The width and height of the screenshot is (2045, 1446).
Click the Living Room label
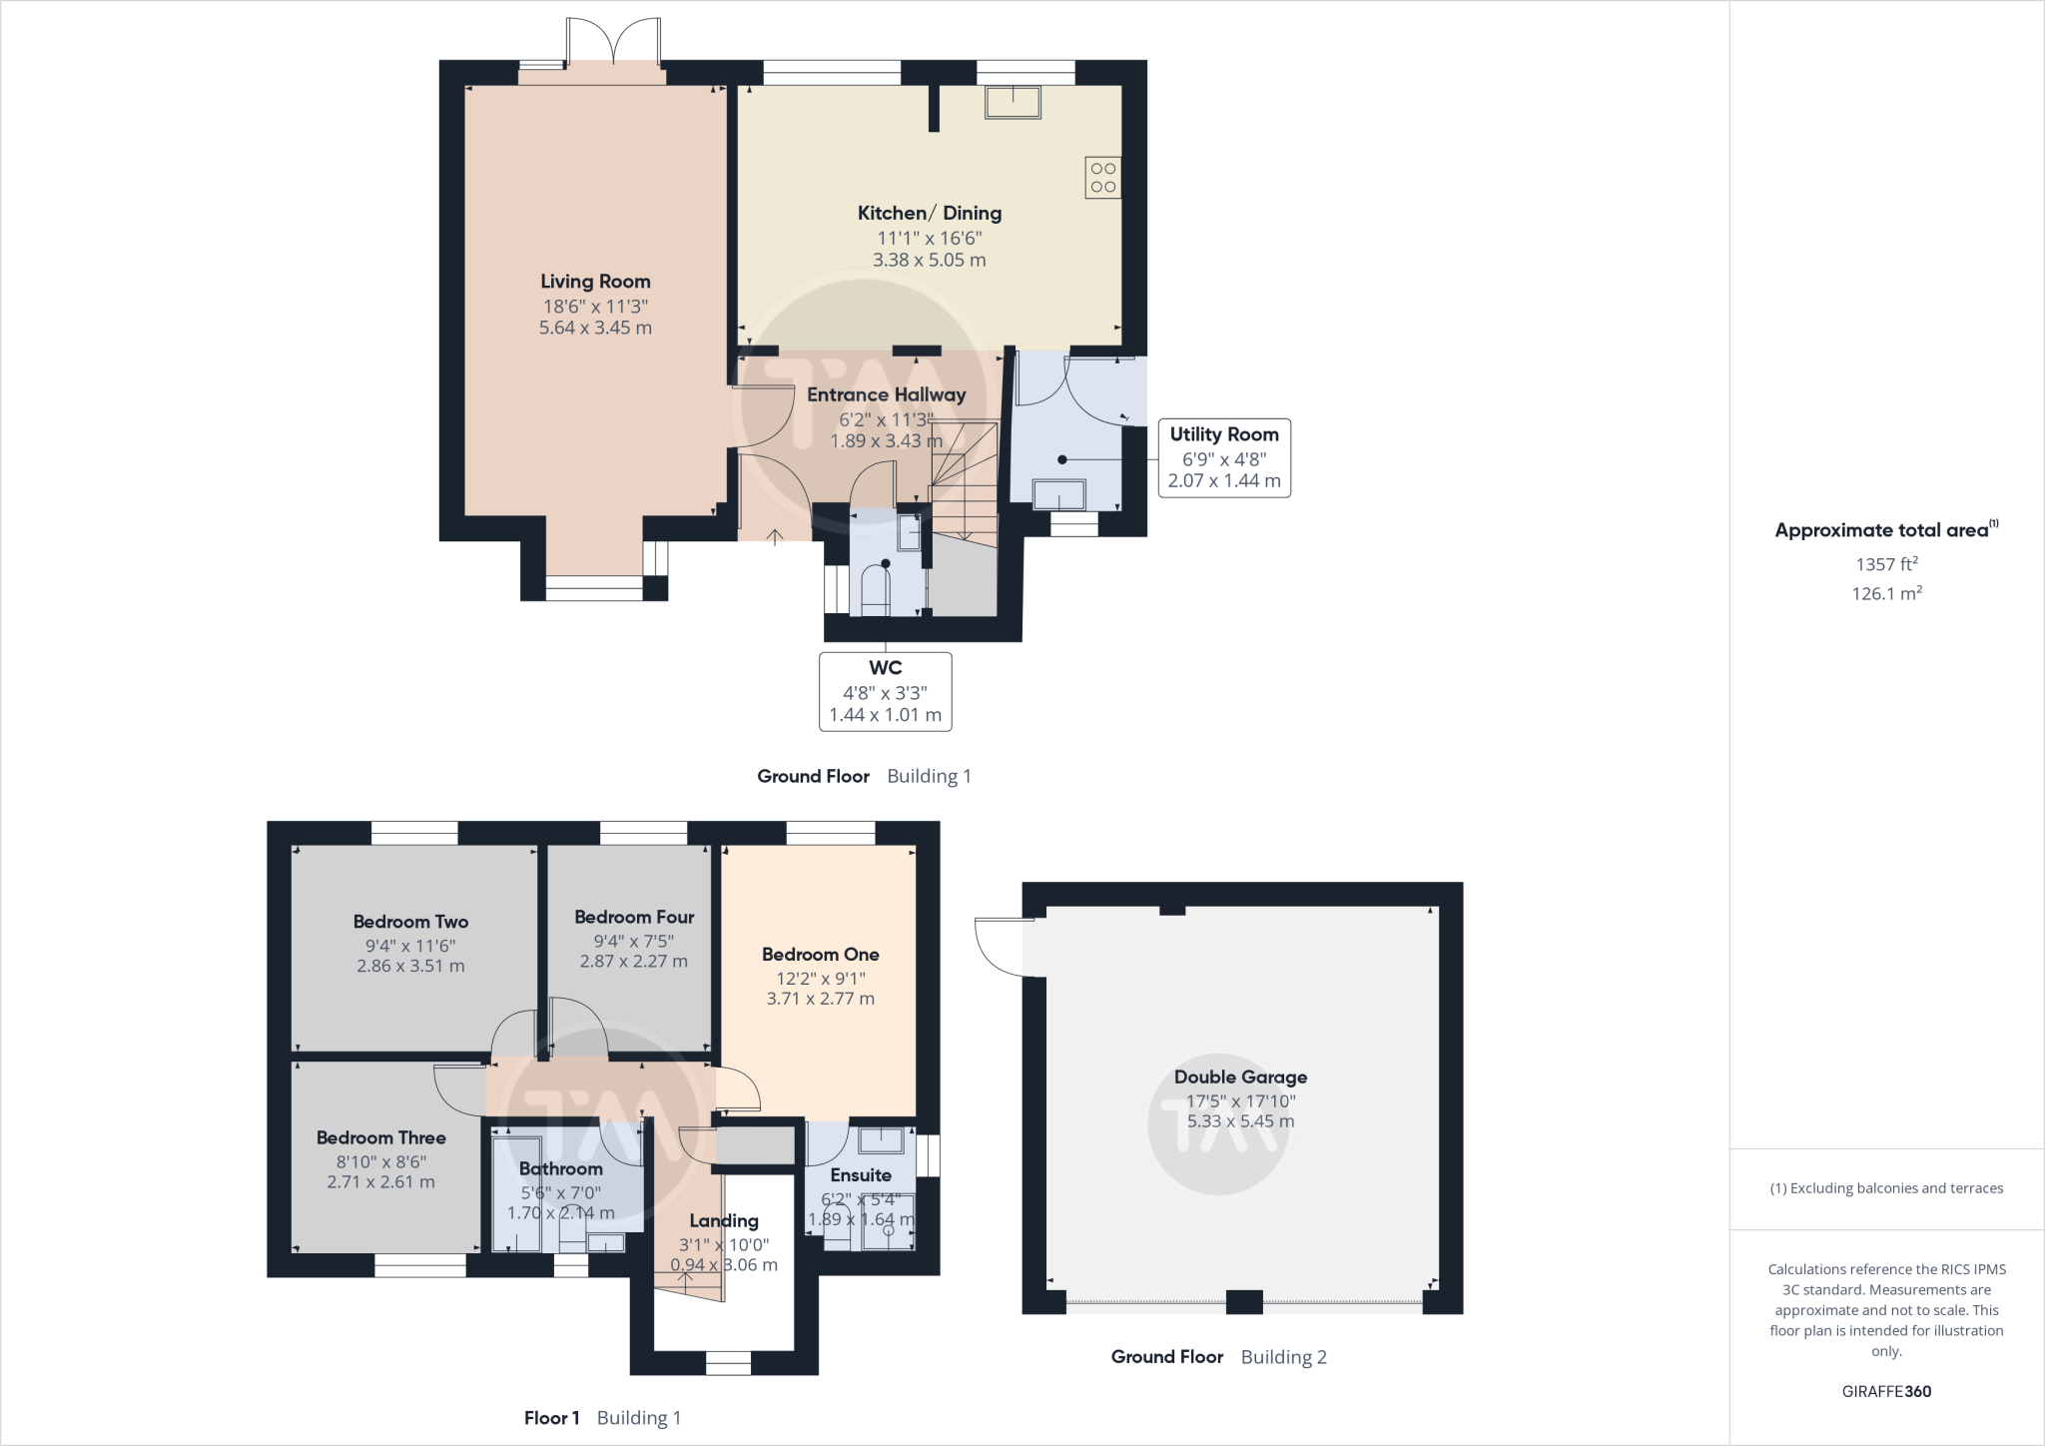coord(595,282)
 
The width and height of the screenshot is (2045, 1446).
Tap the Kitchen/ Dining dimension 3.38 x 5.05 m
coord(929,260)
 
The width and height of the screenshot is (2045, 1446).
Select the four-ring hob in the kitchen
coord(1103,178)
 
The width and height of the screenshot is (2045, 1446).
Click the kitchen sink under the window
coord(1013,103)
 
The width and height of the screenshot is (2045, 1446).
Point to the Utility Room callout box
coord(1223,457)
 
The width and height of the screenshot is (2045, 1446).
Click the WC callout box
coord(885,691)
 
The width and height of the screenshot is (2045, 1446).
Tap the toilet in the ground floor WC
coord(875,589)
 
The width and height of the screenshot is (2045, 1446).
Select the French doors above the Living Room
coord(613,45)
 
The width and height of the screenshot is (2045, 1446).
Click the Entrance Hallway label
coord(886,394)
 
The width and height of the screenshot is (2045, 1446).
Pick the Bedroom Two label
coord(410,922)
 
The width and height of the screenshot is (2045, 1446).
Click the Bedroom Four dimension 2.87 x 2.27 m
coord(633,962)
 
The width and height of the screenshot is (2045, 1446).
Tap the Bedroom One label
coord(820,955)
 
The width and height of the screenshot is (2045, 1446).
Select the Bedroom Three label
coord(380,1137)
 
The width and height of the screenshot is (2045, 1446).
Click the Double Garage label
coord(1240,1077)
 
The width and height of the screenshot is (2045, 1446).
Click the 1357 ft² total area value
coord(1886,564)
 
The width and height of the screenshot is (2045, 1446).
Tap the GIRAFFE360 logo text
coord(1886,1391)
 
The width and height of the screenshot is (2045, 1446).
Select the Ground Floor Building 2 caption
coord(1218,1356)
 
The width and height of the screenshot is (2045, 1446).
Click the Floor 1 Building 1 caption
coord(602,1417)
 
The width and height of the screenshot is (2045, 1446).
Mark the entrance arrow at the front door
coord(775,537)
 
